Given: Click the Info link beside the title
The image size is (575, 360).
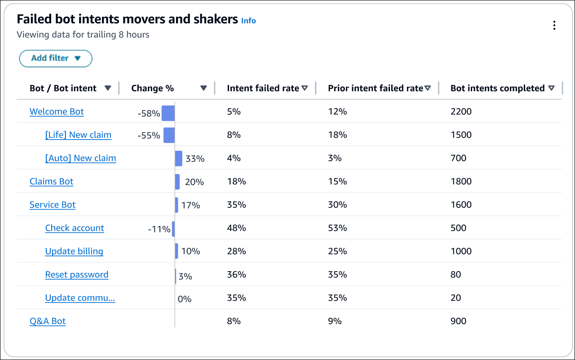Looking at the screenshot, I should pos(248,21).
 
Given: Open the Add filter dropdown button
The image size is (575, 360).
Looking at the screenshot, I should pos(55,58).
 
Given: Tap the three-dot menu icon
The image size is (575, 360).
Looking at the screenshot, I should pos(554,26).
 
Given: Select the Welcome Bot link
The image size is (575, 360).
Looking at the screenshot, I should pos(57,112).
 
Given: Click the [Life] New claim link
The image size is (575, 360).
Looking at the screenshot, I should pos(78,135).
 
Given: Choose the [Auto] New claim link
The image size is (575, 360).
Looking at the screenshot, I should pos(80,158).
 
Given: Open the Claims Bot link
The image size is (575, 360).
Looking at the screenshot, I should pos(51,182).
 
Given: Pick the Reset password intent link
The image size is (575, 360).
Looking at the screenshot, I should pos(77,275).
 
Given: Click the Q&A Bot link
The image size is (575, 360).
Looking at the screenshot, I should pos(48,321).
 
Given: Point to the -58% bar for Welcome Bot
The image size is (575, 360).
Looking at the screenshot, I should pos(168,114).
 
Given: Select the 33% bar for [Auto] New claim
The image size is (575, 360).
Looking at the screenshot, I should pos(179,158).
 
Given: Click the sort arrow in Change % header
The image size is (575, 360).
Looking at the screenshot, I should pos(203,88).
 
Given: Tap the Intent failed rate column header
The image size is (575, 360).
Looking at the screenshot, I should pos(263,88).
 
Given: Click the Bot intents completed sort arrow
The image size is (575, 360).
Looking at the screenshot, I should pos(552,88).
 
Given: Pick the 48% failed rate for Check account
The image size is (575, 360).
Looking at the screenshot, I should pos(236,228).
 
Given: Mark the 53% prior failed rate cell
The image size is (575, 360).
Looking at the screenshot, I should pos(337,228).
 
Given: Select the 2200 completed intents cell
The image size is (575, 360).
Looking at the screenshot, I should pos(461,112).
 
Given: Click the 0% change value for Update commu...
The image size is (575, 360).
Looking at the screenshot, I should pos(185,299).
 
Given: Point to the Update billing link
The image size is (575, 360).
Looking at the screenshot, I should pos(74,251).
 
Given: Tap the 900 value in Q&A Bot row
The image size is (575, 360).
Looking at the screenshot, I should pos(458,321).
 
